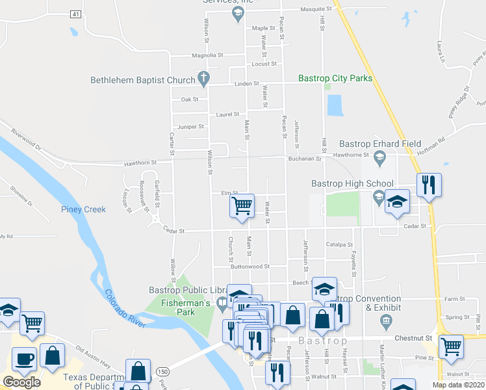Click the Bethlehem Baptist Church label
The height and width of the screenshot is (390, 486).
pyautogui.click(x=143, y=80)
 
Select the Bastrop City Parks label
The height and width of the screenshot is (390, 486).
pyautogui.click(x=335, y=79)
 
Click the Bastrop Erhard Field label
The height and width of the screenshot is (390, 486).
pyautogui.click(x=380, y=144)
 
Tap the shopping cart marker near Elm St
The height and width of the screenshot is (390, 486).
pyautogui.click(x=242, y=207)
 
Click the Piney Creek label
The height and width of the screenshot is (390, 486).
pyautogui.click(x=83, y=209)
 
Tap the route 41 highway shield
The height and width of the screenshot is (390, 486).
pyautogui.click(x=76, y=14)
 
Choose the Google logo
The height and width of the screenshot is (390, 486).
pyautogui.click(x=21, y=382)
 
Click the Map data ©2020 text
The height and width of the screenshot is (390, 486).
pyautogui.click(x=458, y=385)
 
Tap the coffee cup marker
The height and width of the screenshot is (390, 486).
pyautogui.click(x=25, y=358)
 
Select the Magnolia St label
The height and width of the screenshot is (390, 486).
pyautogui.click(x=207, y=56)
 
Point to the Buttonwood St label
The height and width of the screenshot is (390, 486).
pyautogui.click(x=250, y=266)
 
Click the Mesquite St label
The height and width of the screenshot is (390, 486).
pyautogui.click(x=316, y=10)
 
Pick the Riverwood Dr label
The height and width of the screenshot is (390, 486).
pyautogui.click(x=25, y=140)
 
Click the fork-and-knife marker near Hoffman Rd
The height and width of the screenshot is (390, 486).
pyautogui.click(x=429, y=185)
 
